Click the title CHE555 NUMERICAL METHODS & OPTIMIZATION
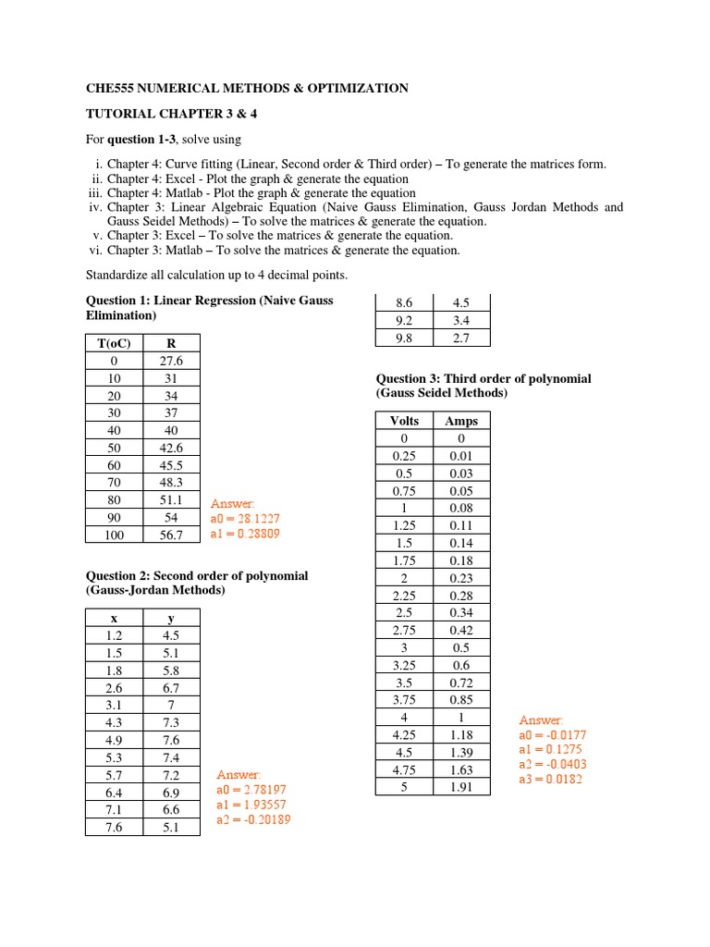click(247, 89)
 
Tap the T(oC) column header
click(115, 343)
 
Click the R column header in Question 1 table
click(171, 343)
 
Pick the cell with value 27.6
click(171, 361)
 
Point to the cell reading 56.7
click(171, 535)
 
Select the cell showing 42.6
click(171, 448)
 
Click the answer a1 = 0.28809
click(245, 534)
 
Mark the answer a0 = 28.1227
click(245, 519)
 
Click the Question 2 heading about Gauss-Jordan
click(197, 583)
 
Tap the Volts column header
click(404, 421)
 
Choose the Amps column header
click(461, 421)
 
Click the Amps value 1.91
click(461, 787)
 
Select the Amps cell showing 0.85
click(461, 699)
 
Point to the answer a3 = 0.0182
click(551, 779)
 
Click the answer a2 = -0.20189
click(252, 819)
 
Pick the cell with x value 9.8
click(404, 338)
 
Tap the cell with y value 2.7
click(461, 338)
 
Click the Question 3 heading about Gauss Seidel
click(483, 386)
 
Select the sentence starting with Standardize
click(217, 276)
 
